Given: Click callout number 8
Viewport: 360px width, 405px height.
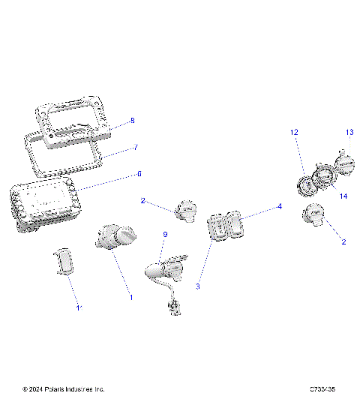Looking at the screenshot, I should pos(132,120).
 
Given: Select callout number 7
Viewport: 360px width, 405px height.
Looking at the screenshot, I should pos(136,148).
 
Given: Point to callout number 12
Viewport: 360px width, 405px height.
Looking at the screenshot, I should pos(295,132).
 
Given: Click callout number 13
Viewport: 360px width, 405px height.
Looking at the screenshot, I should pos(349,132).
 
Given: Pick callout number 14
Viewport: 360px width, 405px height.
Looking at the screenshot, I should pos(343,196).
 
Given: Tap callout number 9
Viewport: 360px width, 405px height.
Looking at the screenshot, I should pos(165,235).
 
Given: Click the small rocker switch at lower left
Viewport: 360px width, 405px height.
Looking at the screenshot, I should pos(66,262).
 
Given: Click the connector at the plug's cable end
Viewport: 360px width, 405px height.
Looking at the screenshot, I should pos(175,306).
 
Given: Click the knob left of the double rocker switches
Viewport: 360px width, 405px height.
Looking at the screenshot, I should pos(184,210).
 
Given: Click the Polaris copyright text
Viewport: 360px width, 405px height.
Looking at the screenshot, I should pos(64,389).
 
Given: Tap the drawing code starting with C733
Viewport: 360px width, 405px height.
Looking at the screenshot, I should pos(322,389).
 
